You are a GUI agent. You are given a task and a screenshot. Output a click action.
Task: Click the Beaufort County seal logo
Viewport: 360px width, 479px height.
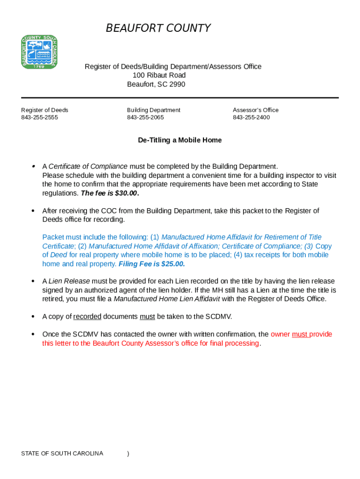(x=39, y=51)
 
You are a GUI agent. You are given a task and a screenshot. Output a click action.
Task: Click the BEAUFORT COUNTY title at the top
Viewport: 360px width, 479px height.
(x=158, y=29)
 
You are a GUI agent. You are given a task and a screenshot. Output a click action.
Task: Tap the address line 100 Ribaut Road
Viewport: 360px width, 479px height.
(x=159, y=75)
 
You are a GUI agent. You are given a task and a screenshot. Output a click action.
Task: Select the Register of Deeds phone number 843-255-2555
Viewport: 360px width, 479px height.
(x=40, y=117)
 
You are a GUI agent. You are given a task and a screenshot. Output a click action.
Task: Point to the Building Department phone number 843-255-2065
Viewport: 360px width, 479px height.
(x=145, y=117)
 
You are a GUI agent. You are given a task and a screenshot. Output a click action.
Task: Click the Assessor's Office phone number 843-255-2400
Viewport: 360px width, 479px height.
(x=251, y=117)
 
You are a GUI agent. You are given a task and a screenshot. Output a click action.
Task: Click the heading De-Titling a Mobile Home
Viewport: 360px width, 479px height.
(x=180, y=140)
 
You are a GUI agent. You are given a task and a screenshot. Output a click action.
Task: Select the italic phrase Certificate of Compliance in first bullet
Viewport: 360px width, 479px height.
(x=88, y=167)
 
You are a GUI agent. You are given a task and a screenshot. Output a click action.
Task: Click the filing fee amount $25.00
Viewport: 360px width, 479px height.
(x=173, y=264)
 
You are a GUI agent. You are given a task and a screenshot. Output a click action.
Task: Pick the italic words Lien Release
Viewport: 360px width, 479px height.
(x=69, y=281)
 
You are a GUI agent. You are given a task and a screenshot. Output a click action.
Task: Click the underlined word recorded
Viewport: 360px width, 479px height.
(x=87, y=317)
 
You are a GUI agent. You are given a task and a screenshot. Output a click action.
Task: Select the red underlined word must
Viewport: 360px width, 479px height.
(x=300, y=334)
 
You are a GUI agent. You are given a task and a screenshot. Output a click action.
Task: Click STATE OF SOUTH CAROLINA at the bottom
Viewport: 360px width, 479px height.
(x=62, y=454)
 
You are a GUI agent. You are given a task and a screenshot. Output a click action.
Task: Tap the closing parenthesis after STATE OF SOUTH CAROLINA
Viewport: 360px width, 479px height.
(x=128, y=454)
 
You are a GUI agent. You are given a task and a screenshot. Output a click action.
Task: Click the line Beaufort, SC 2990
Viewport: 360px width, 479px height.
(x=156, y=84)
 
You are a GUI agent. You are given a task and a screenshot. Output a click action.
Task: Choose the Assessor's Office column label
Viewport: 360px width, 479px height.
(x=255, y=110)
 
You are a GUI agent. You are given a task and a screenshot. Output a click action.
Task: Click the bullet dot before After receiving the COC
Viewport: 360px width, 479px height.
(x=33, y=211)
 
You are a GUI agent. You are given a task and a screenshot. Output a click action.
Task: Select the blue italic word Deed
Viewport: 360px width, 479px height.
(x=58, y=255)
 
